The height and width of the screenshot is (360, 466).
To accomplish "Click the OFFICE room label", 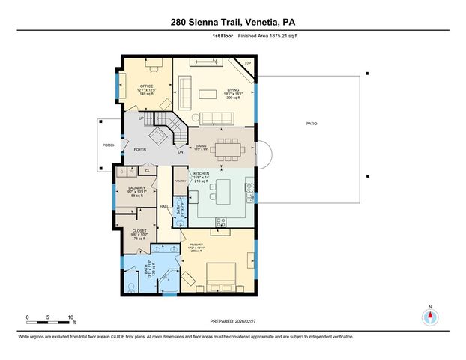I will coord(147,86).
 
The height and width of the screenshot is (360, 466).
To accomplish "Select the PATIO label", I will coord(310,124).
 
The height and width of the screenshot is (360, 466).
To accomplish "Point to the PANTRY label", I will coord(180,181).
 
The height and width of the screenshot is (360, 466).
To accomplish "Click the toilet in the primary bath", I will coord(130,286).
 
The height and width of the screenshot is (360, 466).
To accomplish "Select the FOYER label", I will coord(139,150).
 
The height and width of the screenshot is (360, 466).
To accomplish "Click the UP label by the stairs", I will coord(141,117).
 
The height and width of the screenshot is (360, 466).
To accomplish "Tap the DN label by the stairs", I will coord(181,152).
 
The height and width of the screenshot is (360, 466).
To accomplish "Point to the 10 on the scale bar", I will coord(70,317).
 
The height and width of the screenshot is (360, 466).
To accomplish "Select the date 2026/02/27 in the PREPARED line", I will coord(250,320).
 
